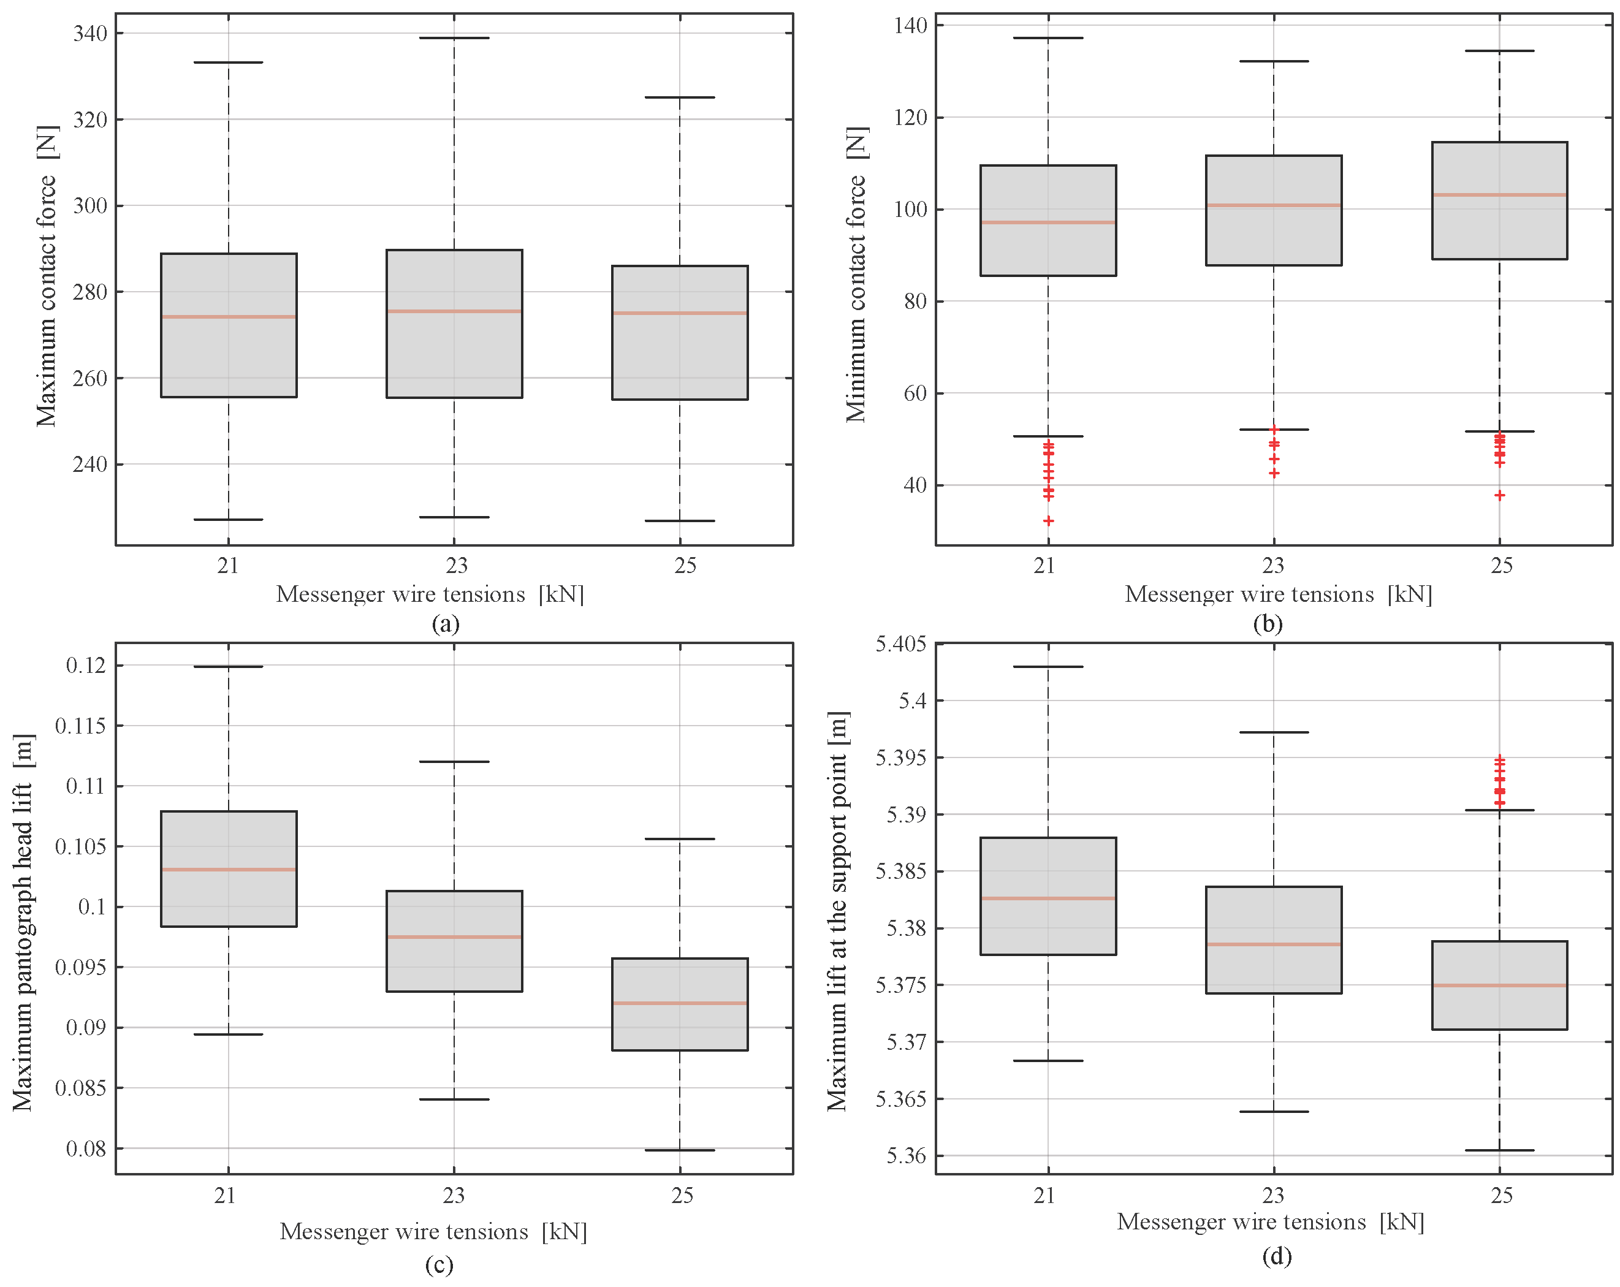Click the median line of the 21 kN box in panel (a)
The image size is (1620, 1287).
229,317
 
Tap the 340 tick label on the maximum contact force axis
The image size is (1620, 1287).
90,33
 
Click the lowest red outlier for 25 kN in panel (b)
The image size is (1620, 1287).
1499,495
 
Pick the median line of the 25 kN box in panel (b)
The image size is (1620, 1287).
1499,195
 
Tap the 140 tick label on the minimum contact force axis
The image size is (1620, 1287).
910,25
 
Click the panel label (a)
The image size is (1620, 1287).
446,625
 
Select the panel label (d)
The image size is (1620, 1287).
1277,1256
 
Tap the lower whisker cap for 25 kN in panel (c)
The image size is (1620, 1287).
679,1150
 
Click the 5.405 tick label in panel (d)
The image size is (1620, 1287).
900,644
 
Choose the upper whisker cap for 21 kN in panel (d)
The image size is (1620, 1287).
1048,666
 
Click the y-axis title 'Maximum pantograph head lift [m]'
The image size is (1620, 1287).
23,922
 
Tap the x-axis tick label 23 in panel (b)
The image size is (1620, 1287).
1273,565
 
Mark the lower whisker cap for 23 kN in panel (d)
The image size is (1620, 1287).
1274,1111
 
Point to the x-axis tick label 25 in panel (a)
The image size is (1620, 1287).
685,565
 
